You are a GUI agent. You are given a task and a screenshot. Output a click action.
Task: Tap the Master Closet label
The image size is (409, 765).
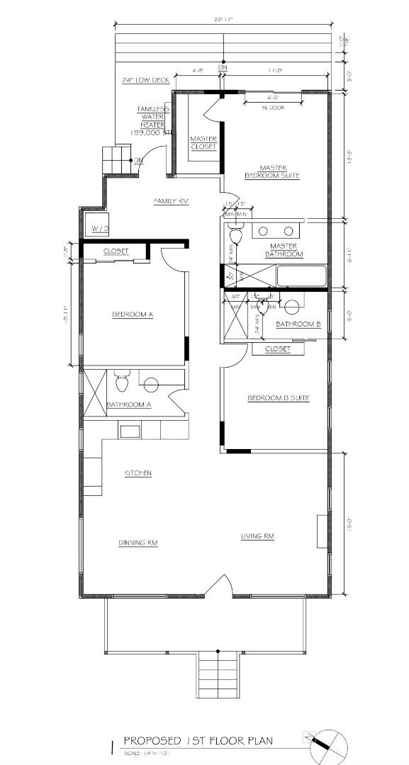[203, 142]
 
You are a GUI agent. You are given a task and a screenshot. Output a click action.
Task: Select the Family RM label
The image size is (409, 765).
[171, 201]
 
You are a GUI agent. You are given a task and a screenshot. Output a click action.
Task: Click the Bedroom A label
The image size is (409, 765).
[133, 315]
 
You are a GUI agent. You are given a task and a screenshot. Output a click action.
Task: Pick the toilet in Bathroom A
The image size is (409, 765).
[121, 382]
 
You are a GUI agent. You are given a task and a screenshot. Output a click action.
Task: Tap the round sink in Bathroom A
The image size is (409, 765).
[151, 385]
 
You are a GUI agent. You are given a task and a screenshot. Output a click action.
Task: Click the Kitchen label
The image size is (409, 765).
[138, 473]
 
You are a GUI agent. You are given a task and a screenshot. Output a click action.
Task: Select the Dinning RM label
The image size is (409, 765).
[138, 543]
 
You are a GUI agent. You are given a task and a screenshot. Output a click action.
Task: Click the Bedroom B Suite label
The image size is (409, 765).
[278, 398]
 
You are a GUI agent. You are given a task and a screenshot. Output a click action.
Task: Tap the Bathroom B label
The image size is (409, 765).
[298, 324]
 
